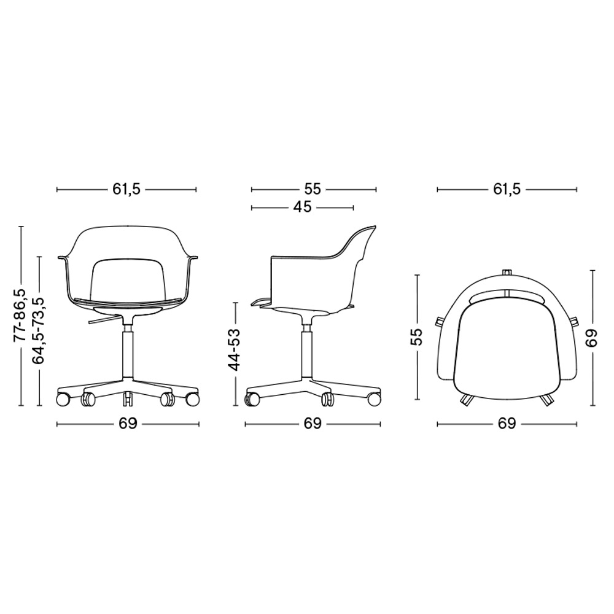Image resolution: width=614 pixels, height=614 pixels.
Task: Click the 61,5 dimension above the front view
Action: point(126,190)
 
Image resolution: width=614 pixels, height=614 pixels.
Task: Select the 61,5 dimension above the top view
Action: point(507,190)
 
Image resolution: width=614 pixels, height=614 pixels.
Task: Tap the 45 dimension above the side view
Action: point(302,207)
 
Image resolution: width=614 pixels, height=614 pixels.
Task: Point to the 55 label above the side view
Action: point(313,190)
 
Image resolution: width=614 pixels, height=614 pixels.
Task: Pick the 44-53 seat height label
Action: point(235,350)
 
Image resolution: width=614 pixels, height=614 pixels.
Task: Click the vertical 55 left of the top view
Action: point(417,336)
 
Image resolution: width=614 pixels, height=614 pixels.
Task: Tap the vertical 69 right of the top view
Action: point(591,337)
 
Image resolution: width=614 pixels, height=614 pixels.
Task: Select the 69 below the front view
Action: point(128,424)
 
